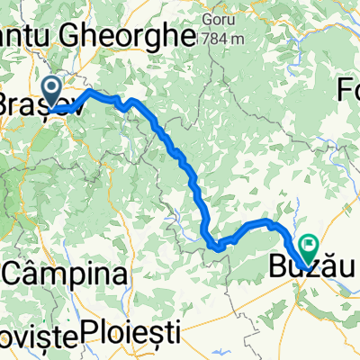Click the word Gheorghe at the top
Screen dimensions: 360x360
coord(135,37)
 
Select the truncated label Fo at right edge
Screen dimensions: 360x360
coord(348,90)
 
